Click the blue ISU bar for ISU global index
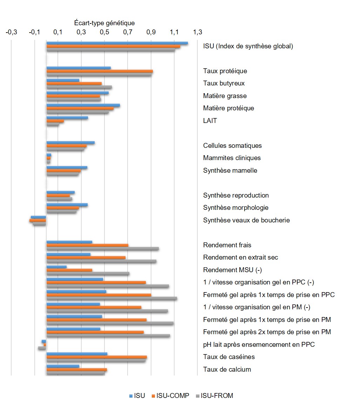[x=117, y=43]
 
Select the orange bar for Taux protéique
[x=100, y=71]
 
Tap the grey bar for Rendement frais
[x=102, y=249]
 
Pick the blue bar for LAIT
[x=67, y=118]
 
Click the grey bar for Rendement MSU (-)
[x=88, y=274]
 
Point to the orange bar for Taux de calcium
[x=76, y=370]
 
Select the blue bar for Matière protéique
[x=83, y=105]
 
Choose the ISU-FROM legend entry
[x=217, y=396]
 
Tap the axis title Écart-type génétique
[x=104, y=23]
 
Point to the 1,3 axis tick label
[x=197, y=33]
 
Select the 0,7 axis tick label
[x=128, y=33]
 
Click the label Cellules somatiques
[x=232, y=146]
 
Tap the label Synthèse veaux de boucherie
[x=246, y=220]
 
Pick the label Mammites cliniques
[x=232, y=158]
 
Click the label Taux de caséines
[x=229, y=357]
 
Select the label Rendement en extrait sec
[x=240, y=257]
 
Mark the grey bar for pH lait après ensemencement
[x=42, y=348]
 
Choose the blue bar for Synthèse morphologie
[x=67, y=205]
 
